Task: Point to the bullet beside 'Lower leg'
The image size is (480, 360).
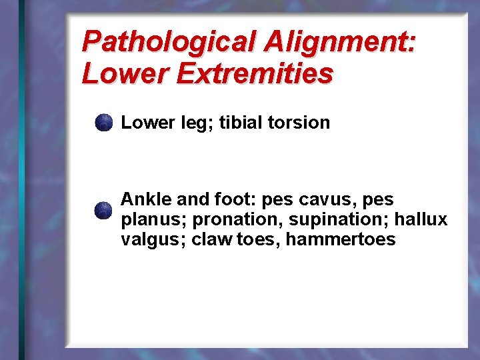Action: click(x=103, y=123)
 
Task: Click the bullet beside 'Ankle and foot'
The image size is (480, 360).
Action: click(x=103, y=211)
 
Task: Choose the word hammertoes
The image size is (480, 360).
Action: click(x=341, y=239)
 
